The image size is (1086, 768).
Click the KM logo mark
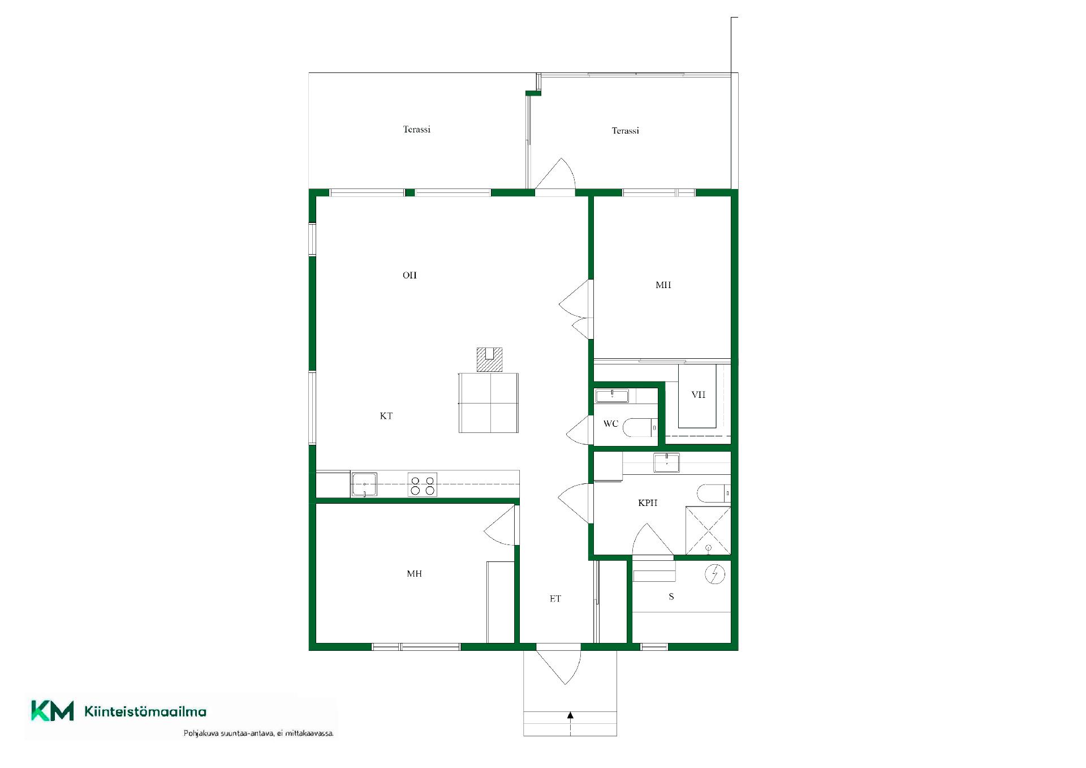(x=52, y=711)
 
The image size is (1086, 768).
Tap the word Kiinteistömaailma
(x=145, y=711)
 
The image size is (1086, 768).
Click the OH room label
(x=410, y=275)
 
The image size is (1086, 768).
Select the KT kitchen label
(x=386, y=416)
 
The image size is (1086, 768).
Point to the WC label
(x=611, y=423)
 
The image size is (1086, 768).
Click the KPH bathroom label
(x=648, y=503)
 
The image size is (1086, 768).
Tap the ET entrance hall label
(x=555, y=598)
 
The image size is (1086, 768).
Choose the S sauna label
(x=671, y=596)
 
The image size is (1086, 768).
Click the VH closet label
(x=699, y=394)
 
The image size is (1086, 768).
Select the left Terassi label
(x=417, y=129)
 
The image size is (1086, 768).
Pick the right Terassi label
(x=626, y=130)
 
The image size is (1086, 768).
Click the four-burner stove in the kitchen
(x=423, y=485)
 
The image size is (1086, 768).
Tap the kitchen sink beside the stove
(x=365, y=485)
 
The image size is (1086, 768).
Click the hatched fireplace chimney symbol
(x=490, y=359)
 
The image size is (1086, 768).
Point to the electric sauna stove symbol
(x=715, y=574)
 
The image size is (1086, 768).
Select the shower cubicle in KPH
(x=708, y=531)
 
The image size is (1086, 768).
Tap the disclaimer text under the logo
(x=259, y=733)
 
